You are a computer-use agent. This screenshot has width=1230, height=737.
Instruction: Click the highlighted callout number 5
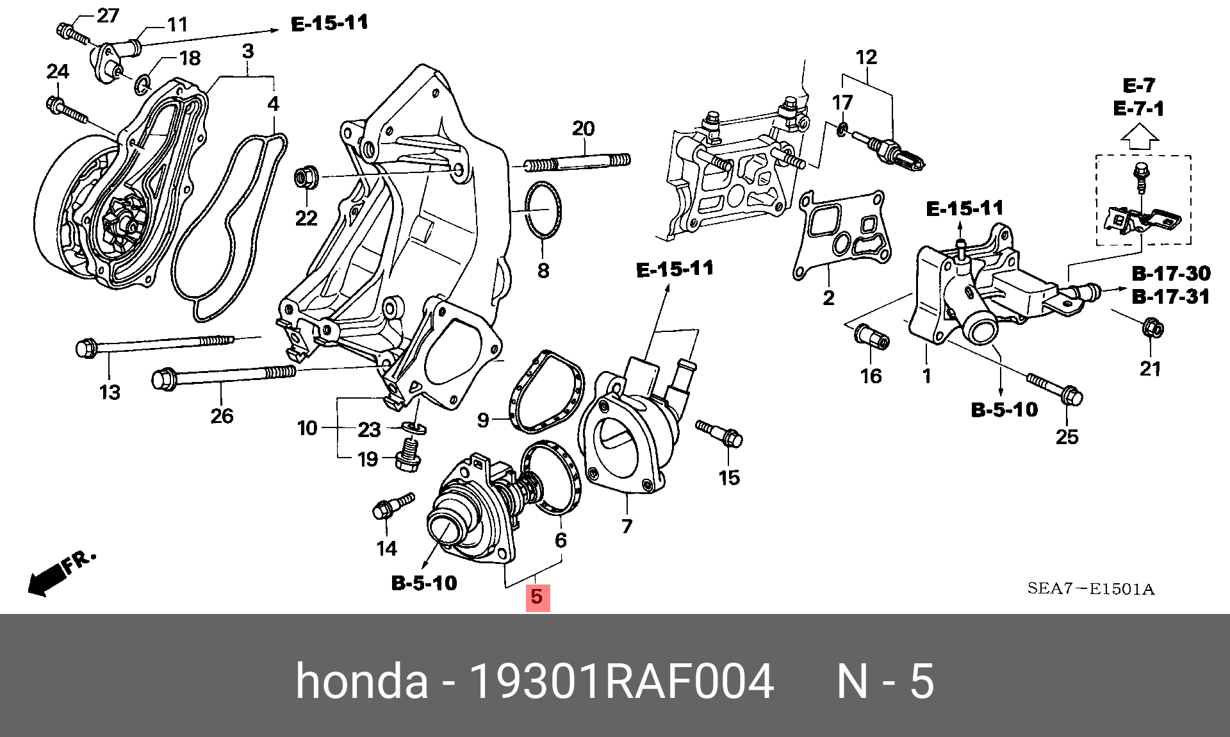[537, 597]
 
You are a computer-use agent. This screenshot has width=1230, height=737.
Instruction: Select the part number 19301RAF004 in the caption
[621, 681]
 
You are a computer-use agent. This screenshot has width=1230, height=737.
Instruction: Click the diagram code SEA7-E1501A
[1090, 589]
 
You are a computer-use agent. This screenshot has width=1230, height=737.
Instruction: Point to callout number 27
[108, 15]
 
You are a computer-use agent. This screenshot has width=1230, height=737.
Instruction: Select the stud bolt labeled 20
[577, 163]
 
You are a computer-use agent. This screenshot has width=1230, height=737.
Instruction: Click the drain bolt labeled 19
[407, 455]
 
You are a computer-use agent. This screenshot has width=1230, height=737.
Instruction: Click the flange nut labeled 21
[1152, 329]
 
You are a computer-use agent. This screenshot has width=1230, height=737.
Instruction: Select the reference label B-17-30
[1171, 274]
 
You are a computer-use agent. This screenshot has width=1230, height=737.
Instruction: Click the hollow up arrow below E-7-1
[1138, 137]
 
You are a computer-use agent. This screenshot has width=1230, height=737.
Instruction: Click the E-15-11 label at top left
[329, 24]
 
